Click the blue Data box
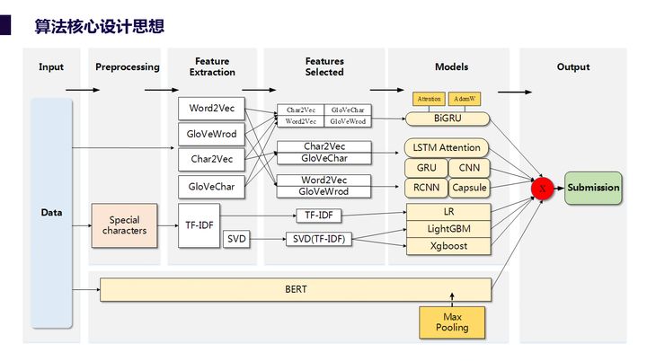coord(51,213)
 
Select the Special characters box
coord(125,225)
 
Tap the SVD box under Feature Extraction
coord(236,239)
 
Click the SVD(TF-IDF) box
coord(319,239)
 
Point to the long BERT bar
coord(296,290)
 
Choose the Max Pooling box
coord(452,322)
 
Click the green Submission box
coord(593,188)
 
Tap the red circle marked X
coord(542,189)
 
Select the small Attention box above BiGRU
coord(430,98)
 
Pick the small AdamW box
coord(465,98)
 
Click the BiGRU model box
coord(447,118)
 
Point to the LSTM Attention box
coord(447,147)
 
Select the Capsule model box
coord(469,188)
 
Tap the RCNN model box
coord(426,188)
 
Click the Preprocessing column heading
coord(127,67)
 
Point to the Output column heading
coord(573,67)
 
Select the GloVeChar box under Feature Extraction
coord(211,187)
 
